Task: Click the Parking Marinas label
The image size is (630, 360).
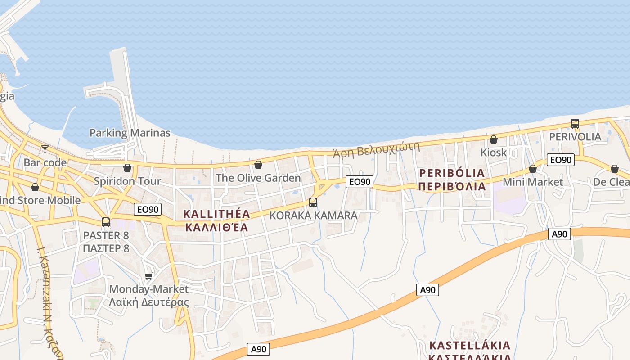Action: (x=130, y=133)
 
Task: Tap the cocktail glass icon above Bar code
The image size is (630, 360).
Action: (x=45, y=149)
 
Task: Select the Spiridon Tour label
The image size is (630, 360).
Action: (x=127, y=181)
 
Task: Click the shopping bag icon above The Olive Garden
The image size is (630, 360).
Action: (x=258, y=165)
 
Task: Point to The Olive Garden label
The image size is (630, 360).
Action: (x=258, y=178)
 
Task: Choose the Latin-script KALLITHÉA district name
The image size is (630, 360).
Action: (x=216, y=214)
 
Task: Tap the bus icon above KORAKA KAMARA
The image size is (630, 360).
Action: (x=313, y=202)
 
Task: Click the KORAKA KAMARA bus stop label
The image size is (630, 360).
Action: (x=313, y=216)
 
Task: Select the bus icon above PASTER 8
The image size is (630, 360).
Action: (x=106, y=222)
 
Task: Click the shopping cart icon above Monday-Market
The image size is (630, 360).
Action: (x=149, y=276)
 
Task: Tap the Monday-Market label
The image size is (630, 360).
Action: (x=149, y=289)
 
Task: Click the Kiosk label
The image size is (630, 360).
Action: (x=494, y=153)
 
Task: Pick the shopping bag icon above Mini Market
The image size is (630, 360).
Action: (x=533, y=169)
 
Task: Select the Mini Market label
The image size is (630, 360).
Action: (x=533, y=182)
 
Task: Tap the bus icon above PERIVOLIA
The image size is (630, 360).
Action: (x=575, y=123)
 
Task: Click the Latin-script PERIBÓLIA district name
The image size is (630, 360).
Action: (x=452, y=173)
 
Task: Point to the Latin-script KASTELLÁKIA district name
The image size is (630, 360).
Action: (x=470, y=346)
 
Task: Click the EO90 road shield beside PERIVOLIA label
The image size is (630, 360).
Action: (x=561, y=160)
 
